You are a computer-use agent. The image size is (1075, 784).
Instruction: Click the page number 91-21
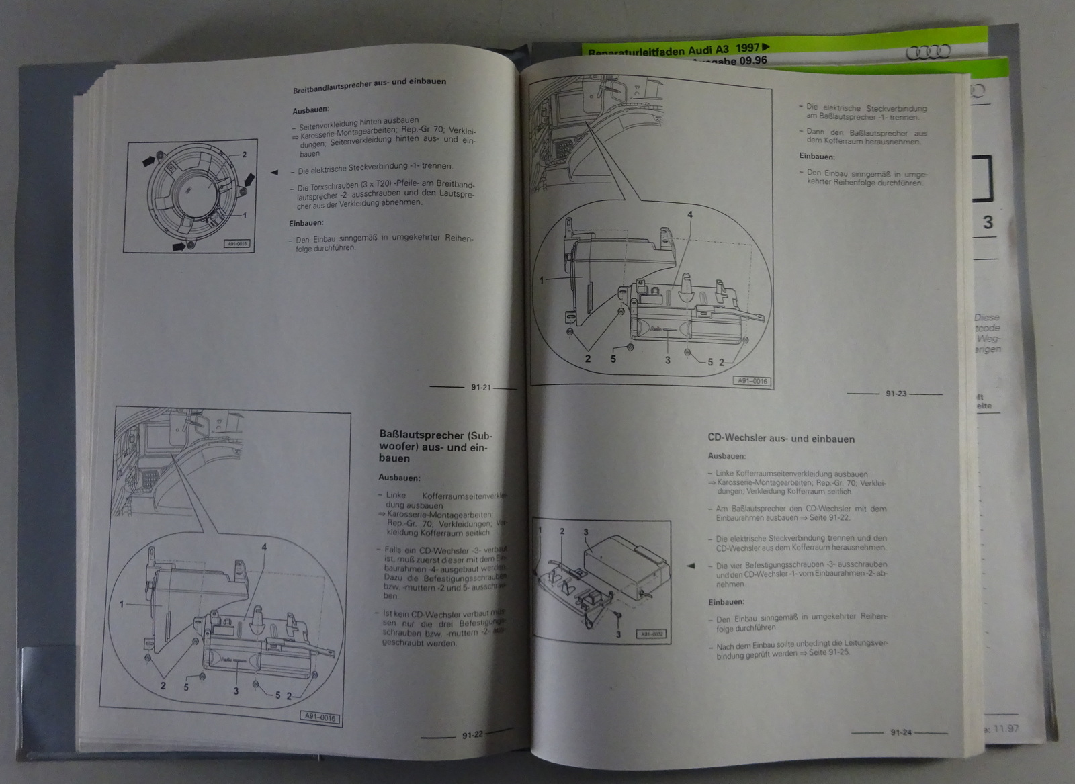tap(481, 387)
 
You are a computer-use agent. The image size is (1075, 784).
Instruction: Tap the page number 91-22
tap(472, 735)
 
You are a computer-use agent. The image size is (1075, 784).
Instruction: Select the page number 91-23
tap(896, 394)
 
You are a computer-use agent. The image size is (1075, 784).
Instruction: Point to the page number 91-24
tap(901, 732)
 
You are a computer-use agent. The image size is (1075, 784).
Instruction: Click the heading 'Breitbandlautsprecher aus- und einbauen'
tap(370, 83)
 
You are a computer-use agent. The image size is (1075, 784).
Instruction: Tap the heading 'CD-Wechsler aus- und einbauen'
tap(781, 439)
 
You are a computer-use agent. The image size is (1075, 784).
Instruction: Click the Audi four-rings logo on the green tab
tap(928, 52)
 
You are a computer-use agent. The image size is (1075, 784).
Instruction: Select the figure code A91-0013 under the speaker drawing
tap(236, 245)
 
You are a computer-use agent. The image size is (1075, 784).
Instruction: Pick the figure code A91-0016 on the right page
tap(752, 380)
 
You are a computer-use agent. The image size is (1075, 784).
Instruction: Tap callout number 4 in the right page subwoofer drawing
tap(689, 215)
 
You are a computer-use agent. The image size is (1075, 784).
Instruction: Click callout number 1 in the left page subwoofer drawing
tap(122, 604)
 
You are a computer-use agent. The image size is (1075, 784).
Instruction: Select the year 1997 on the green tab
tap(747, 48)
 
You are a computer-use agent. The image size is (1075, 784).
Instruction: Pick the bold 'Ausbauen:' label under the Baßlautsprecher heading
tap(399, 478)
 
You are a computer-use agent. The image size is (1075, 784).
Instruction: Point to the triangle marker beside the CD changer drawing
tap(690, 566)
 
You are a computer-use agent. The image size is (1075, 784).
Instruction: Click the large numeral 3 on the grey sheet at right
tap(988, 222)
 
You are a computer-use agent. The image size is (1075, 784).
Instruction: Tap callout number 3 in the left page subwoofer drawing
tap(236, 690)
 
